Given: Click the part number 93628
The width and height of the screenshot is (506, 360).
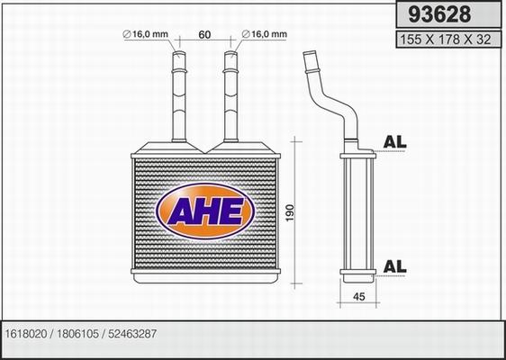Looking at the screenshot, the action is point(439,14).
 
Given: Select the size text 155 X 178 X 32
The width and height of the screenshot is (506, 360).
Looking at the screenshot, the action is point(446,40).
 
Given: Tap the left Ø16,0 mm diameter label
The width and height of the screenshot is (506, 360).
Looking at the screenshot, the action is point(146,34).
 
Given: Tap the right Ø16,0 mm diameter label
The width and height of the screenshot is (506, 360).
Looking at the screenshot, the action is point(265,34).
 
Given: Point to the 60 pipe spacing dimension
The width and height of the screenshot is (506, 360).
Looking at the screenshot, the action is point(204,34).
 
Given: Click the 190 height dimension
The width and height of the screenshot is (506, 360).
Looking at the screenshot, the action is point(290,212).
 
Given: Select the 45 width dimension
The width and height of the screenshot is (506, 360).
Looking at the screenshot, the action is point(359,296).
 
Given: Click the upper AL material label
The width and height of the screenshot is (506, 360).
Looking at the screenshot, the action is point(394,142).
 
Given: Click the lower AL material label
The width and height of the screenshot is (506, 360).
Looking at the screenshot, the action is point(394,266).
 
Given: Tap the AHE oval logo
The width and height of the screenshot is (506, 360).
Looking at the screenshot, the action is point(205,211).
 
